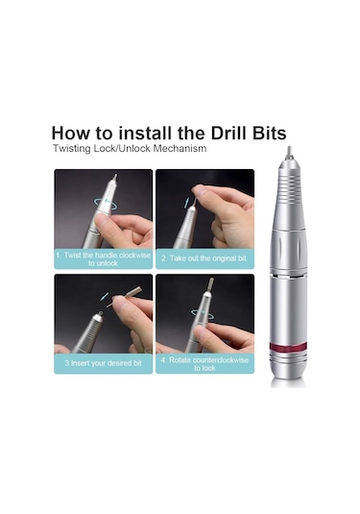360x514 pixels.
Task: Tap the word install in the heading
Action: click(x=145, y=134)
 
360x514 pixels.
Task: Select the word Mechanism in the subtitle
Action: click(x=180, y=149)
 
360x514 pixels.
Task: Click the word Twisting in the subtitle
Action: click(x=72, y=149)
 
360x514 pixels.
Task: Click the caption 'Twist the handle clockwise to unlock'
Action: click(x=103, y=259)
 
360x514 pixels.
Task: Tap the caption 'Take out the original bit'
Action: click(x=204, y=258)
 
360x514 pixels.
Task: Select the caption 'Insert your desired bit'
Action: click(x=103, y=363)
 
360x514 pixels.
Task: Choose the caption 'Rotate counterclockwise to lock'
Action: click(x=204, y=364)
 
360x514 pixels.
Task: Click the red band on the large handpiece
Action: click(x=288, y=347)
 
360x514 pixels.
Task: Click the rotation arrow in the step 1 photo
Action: click(x=106, y=204)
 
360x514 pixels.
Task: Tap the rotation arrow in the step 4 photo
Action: click(x=203, y=313)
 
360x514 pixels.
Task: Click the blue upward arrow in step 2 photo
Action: click(x=186, y=203)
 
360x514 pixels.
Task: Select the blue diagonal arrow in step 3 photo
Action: click(x=105, y=297)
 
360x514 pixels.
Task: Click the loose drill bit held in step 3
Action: click(x=125, y=296)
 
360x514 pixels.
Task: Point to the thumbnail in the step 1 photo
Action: click(x=102, y=223)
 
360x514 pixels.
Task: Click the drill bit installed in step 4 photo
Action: click(x=210, y=284)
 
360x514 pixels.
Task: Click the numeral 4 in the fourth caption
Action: click(x=163, y=360)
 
